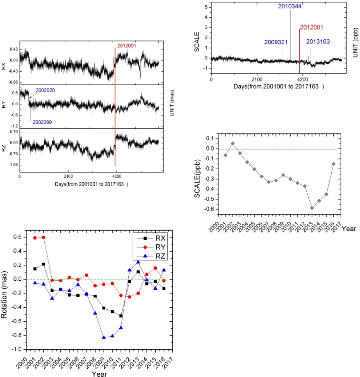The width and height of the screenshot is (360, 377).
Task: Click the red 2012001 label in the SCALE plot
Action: click(x=312, y=28)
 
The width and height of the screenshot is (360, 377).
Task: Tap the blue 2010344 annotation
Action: click(x=290, y=7)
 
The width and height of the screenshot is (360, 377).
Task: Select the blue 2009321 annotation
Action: click(x=276, y=42)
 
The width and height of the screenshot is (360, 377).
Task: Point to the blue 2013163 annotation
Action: click(x=318, y=41)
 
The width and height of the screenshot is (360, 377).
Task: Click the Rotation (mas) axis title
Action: click(x=7, y=290)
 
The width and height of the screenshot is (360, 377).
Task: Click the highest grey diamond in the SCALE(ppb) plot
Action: click(x=232, y=143)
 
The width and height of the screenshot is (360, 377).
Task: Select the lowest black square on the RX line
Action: click(x=121, y=316)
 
